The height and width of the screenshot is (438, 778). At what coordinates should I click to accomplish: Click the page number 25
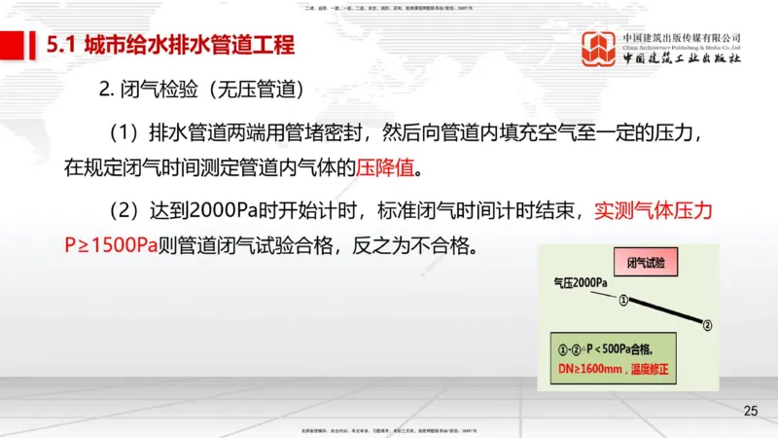(x=750, y=410)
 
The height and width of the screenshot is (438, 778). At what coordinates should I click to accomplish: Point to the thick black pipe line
(x=665, y=311)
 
